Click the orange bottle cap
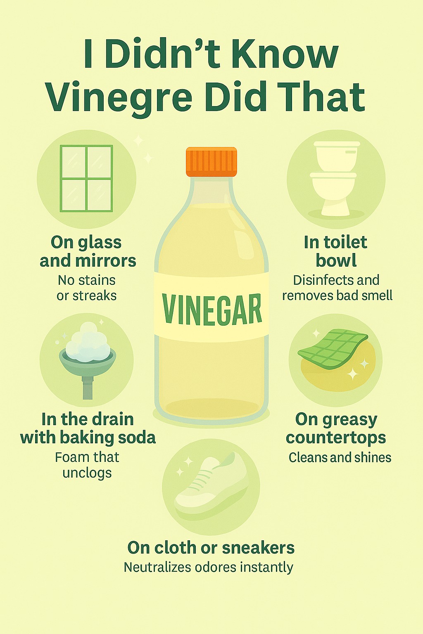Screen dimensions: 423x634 (211, 162)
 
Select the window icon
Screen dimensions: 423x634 (86, 178)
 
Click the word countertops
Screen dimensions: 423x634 (336, 438)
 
